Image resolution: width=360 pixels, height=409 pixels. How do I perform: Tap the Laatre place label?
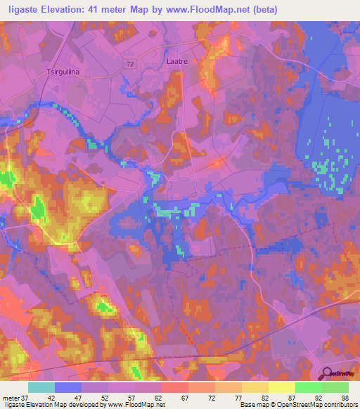point(177,62)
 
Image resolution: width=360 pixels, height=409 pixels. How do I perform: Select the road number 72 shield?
point(129,63)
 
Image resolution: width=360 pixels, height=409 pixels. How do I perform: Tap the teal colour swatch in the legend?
point(41,387)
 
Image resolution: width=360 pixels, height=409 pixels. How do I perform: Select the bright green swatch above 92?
point(308,387)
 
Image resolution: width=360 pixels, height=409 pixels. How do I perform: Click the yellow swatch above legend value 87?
point(281,387)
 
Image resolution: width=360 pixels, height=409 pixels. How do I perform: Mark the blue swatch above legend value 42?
point(68,387)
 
